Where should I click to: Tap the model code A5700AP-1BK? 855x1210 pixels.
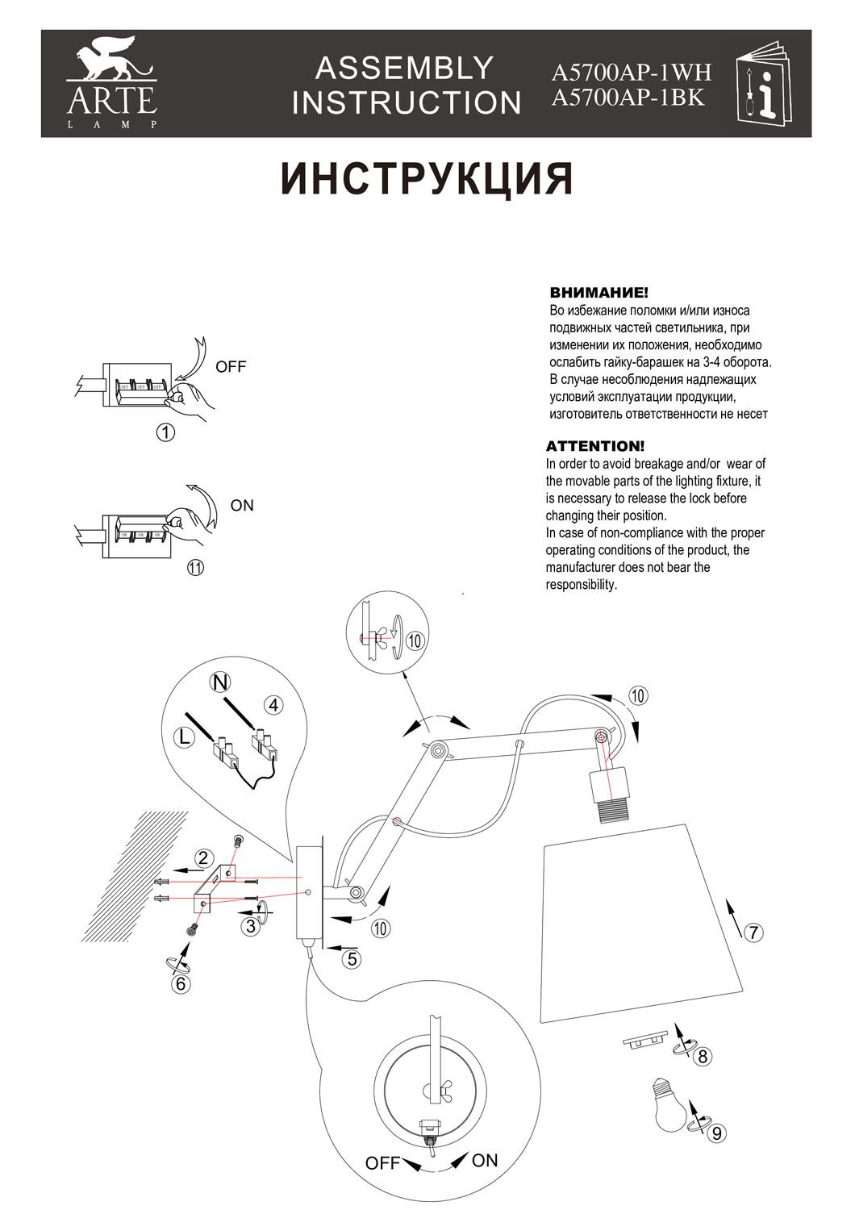click(x=628, y=98)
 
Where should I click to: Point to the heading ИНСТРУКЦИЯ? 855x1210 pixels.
click(x=427, y=179)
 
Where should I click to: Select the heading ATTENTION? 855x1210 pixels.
click(x=595, y=446)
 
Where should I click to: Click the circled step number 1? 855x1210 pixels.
click(x=165, y=432)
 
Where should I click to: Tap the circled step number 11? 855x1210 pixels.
click(x=194, y=567)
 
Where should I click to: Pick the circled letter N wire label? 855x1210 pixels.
click(x=219, y=682)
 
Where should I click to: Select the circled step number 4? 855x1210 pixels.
click(x=274, y=705)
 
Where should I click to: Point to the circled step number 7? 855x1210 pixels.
click(x=751, y=933)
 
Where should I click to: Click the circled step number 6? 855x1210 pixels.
click(x=181, y=984)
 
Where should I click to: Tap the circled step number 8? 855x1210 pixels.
click(x=703, y=1056)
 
